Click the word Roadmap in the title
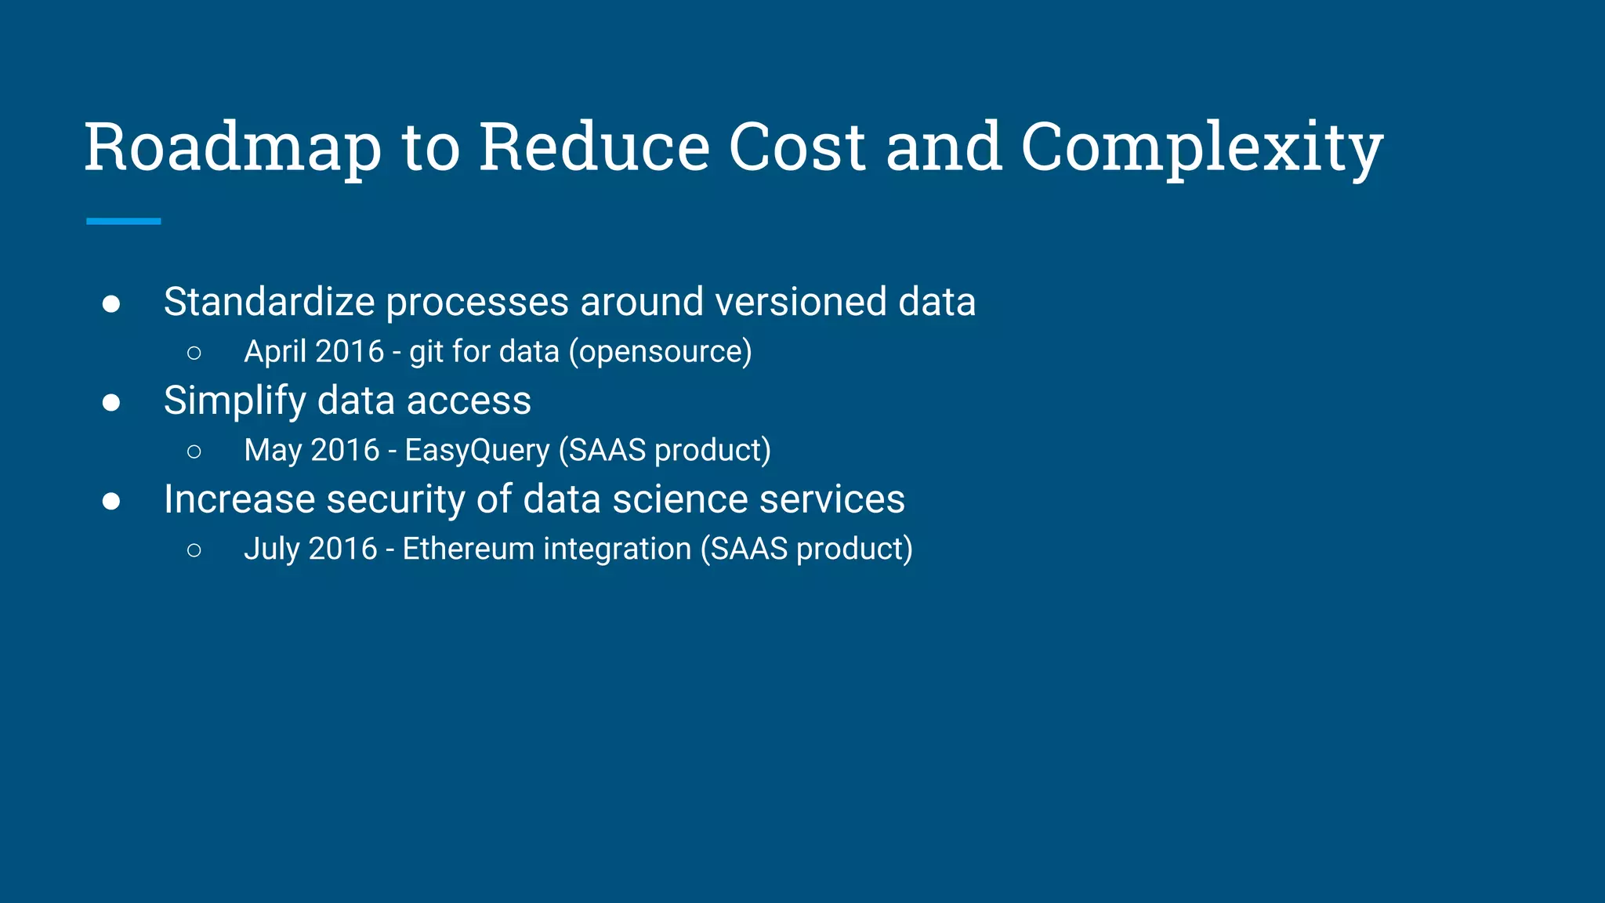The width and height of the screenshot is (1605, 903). tap(233, 149)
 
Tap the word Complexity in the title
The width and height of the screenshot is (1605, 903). tap(1201, 149)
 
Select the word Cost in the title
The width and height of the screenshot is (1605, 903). tap(797, 147)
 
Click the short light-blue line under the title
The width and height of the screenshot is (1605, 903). tap(123, 222)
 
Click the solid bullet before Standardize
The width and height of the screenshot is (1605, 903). tap(111, 304)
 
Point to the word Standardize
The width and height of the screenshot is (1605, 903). tap(269, 302)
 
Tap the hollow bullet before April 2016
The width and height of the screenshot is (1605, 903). tap(194, 354)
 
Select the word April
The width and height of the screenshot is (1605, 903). tap(274, 352)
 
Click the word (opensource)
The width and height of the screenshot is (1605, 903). tap(660, 352)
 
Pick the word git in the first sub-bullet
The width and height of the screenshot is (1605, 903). tap(426, 352)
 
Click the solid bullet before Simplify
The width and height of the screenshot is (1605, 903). tap(111, 403)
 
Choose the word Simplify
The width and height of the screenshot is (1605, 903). tap(234, 401)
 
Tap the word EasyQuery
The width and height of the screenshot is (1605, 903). tap(476, 451)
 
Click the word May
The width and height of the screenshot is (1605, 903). tap(272, 451)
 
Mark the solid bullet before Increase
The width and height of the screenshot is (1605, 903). tap(111, 502)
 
